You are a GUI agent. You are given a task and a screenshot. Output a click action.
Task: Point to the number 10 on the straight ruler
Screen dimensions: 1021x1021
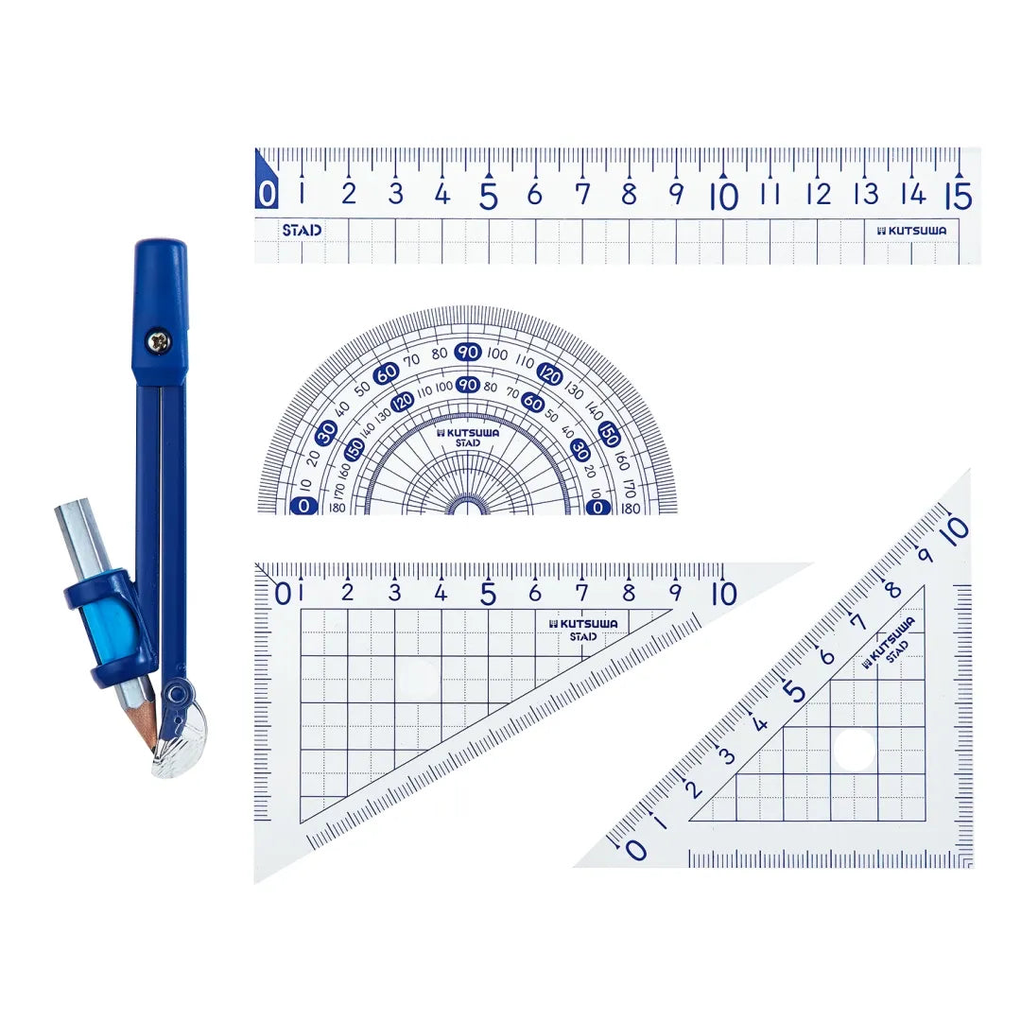click(723, 196)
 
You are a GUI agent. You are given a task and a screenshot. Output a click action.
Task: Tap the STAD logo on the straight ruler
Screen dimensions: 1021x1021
click(302, 230)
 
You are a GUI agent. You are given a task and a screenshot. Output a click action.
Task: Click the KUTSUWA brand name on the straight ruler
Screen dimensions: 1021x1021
click(912, 230)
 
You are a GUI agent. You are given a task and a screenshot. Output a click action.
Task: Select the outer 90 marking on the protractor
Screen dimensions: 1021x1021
click(468, 353)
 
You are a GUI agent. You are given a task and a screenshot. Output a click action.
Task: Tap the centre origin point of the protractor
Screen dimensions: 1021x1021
click(467, 511)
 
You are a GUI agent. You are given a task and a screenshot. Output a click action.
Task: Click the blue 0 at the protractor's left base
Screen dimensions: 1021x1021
click(303, 506)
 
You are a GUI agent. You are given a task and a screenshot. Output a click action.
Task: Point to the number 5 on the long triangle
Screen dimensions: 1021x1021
click(488, 594)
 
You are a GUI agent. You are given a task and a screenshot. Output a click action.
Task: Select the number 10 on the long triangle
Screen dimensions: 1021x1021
click(723, 594)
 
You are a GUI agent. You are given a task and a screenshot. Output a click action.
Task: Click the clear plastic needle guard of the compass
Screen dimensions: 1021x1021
click(182, 747)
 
